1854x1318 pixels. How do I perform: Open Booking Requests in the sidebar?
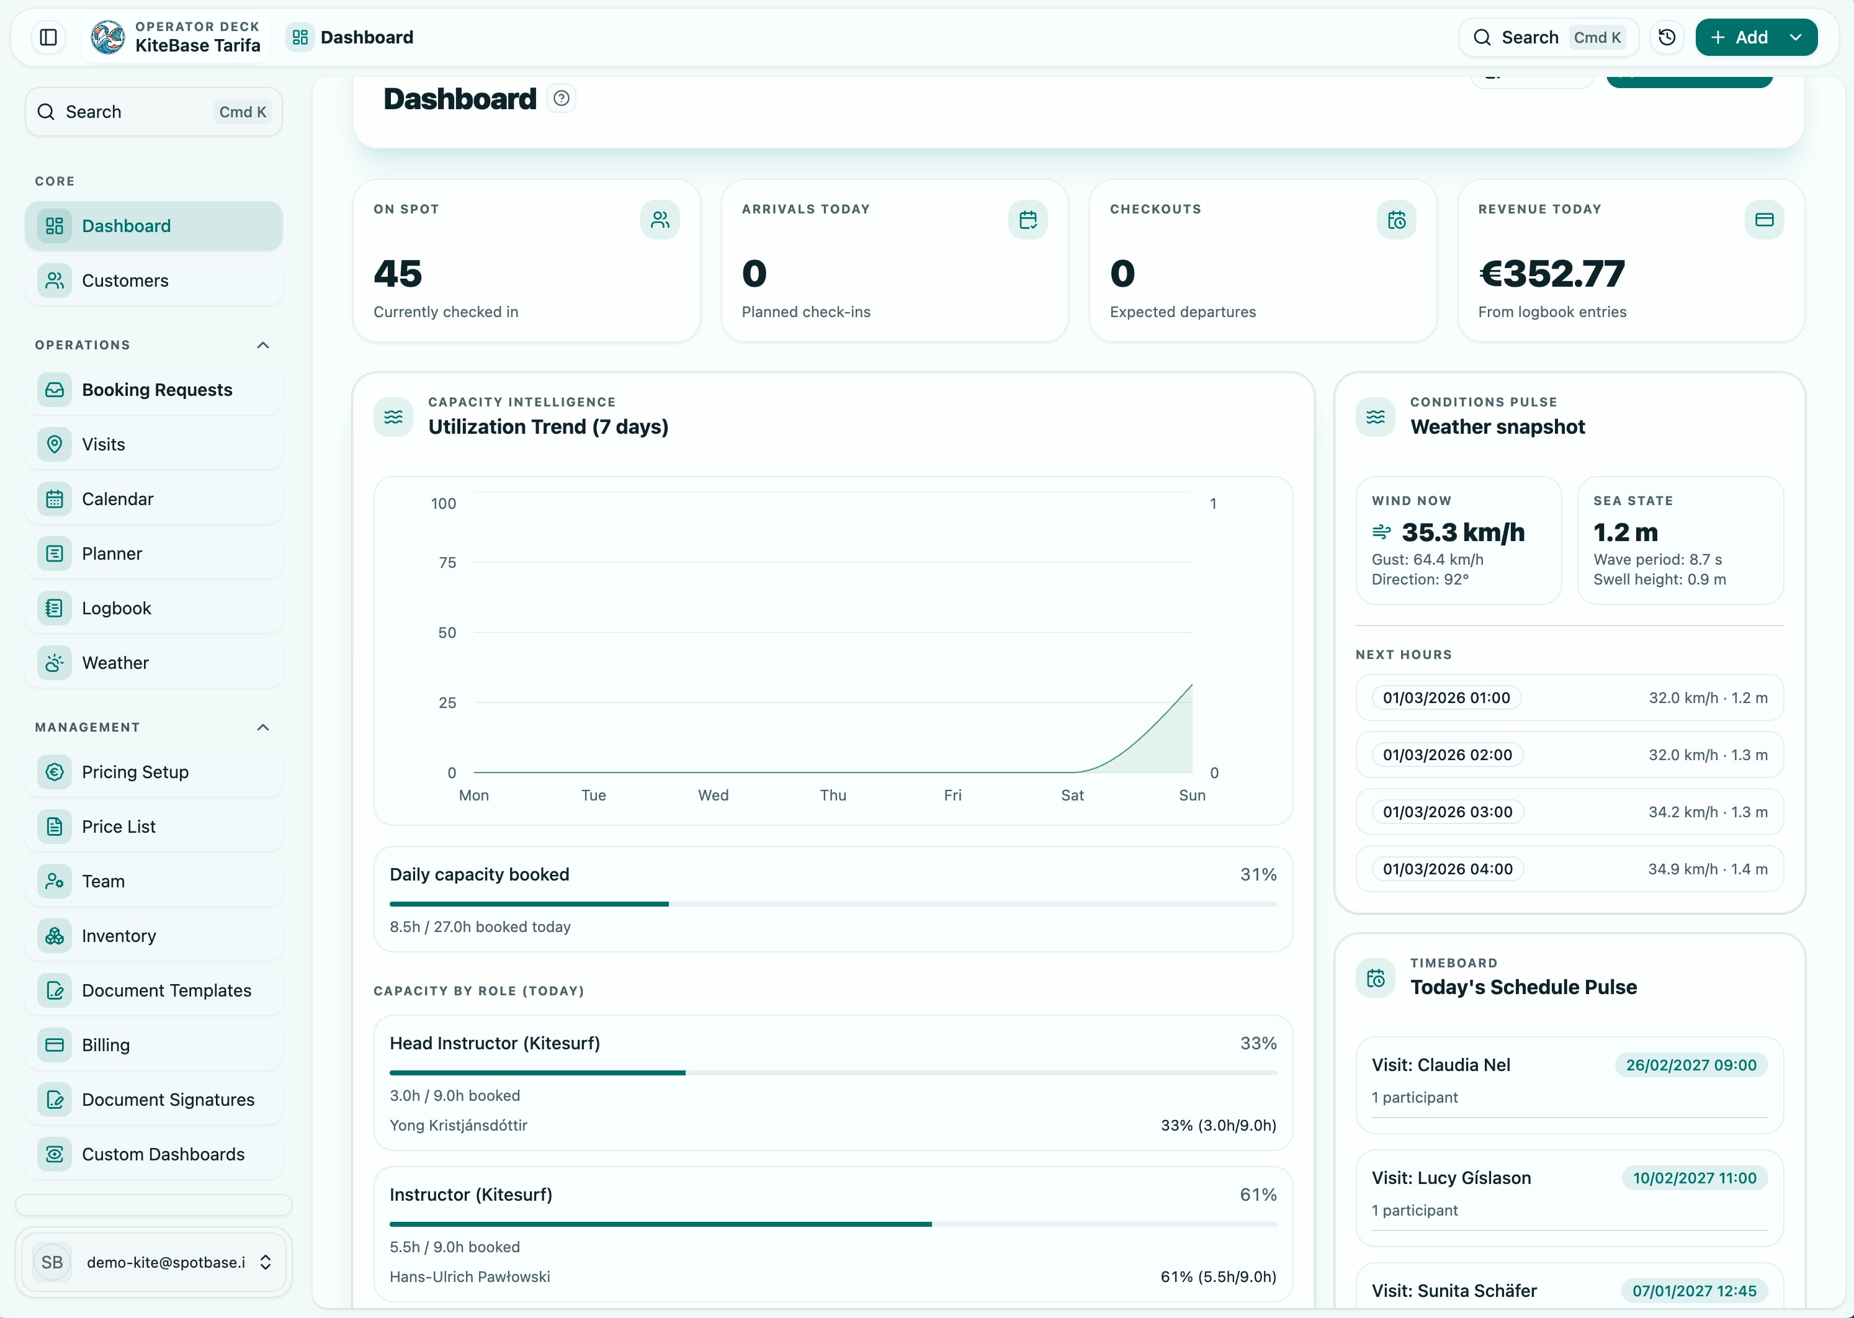click(x=156, y=390)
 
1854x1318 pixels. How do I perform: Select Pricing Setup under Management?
click(x=135, y=772)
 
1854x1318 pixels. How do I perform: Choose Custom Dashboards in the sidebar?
click(x=163, y=1154)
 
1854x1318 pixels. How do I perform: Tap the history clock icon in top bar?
click(x=1667, y=37)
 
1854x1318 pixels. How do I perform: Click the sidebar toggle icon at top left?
click(x=48, y=37)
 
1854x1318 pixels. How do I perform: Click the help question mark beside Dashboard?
click(x=562, y=98)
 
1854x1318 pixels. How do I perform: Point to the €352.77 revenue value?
click(x=1551, y=274)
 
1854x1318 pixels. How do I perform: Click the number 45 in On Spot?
click(x=398, y=274)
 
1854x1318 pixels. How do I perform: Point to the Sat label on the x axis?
click(x=1072, y=796)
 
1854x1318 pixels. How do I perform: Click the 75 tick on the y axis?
click(x=447, y=562)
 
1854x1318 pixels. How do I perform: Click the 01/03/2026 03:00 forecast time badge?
click(x=1448, y=812)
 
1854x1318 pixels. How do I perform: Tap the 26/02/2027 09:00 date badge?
click(x=1691, y=1065)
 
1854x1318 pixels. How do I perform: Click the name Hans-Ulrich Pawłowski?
click(x=470, y=1276)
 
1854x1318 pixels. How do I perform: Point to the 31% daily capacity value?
click(x=1258, y=874)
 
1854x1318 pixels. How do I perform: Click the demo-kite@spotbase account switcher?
click(x=154, y=1262)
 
